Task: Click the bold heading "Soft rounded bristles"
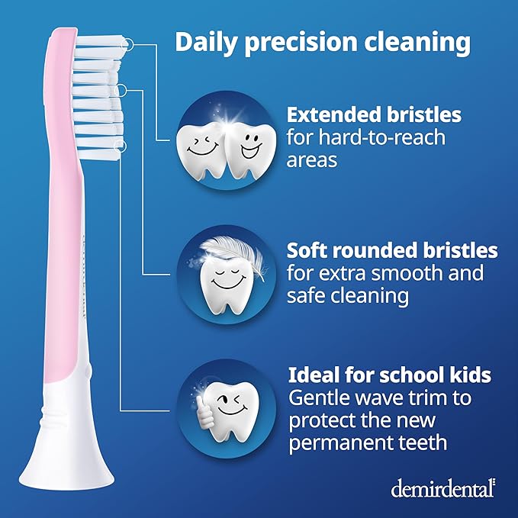(x=392, y=250)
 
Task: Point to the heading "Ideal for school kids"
(x=389, y=376)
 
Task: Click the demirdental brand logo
(x=442, y=488)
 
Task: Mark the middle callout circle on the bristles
(x=120, y=91)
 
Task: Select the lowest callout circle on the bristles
(x=118, y=145)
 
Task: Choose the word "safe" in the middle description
(x=308, y=295)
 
